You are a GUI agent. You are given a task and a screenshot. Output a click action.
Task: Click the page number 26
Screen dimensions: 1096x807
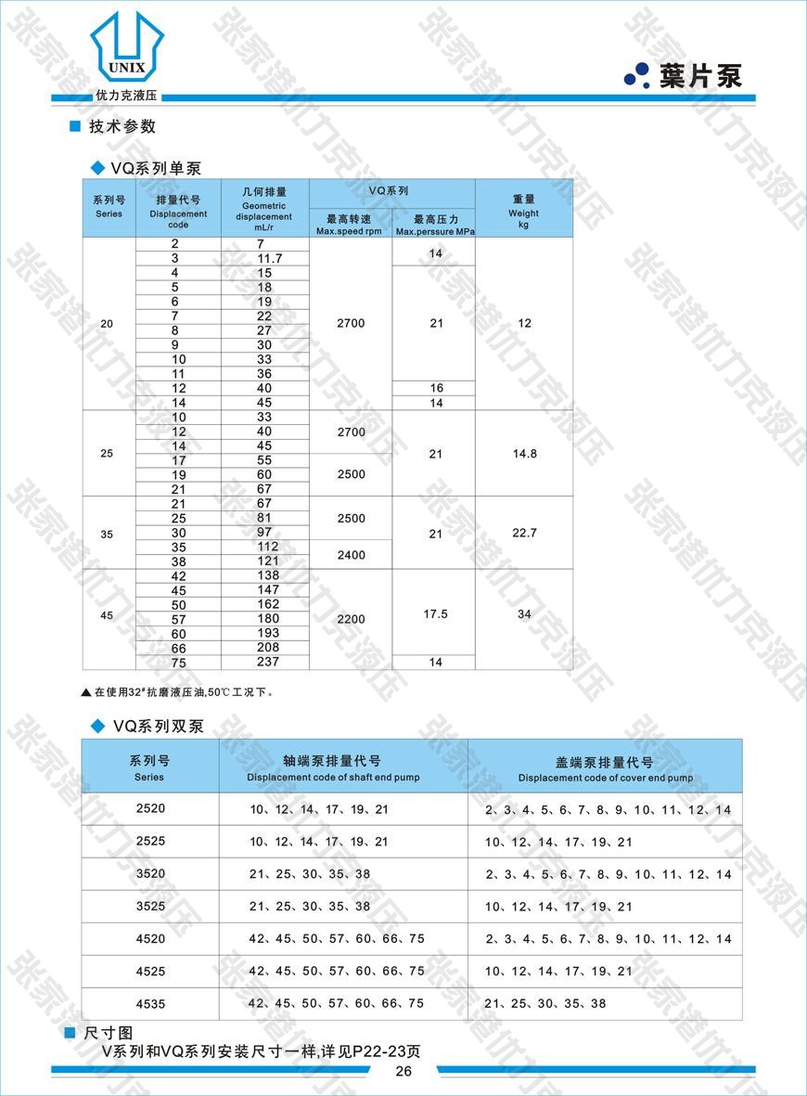click(x=403, y=1071)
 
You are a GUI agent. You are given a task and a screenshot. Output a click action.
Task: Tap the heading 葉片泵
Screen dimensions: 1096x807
click(x=700, y=76)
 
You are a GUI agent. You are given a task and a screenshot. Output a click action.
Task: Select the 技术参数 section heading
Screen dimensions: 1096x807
click(x=122, y=127)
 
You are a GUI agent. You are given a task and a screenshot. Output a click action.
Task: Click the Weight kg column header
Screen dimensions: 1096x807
click(x=523, y=212)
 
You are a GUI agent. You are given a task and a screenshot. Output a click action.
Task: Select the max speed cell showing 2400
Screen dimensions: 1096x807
click(x=351, y=555)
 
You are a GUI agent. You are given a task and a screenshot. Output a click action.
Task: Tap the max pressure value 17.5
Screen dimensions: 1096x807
click(x=435, y=614)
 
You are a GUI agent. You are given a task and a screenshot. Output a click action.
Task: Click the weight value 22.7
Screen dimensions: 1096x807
click(x=524, y=534)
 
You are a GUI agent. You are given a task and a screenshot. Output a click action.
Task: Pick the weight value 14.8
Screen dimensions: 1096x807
click(x=524, y=454)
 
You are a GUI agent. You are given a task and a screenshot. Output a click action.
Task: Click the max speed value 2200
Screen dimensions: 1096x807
click(x=351, y=619)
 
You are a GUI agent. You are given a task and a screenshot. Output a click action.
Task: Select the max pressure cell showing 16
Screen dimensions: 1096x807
click(x=436, y=388)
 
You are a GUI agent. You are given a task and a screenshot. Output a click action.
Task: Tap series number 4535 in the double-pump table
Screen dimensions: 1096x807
click(x=149, y=1003)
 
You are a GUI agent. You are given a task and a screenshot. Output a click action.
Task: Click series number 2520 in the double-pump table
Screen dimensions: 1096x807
click(x=149, y=808)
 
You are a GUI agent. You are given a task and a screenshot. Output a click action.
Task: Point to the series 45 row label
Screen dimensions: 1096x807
click(x=108, y=614)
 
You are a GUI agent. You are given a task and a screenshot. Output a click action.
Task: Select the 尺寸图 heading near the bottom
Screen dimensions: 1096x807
click(x=109, y=1033)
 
